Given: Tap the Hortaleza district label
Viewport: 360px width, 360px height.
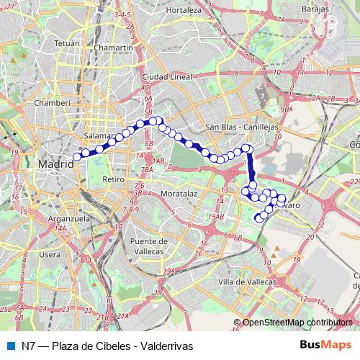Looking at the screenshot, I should pyautogui.click(x=183, y=10).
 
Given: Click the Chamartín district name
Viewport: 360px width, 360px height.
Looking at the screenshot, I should pyautogui.click(x=117, y=48).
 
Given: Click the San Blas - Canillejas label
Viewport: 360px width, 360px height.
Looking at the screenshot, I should pyautogui.click(x=241, y=127).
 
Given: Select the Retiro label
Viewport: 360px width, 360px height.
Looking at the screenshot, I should pyautogui.click(x=114, y=179).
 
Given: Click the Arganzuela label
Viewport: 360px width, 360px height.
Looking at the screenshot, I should pyautogui.click(x=50, y=217).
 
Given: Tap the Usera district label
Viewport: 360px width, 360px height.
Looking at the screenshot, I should pyautogui.click(x=50, y=254).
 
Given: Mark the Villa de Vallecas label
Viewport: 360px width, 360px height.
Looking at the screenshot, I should pyautogui.click(x=247, y=281).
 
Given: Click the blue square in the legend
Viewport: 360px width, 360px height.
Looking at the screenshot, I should pyautogui.click(x=9, y=345).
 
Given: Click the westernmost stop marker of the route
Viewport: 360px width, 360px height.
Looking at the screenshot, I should pyautogui.click(x=77, y=156).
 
